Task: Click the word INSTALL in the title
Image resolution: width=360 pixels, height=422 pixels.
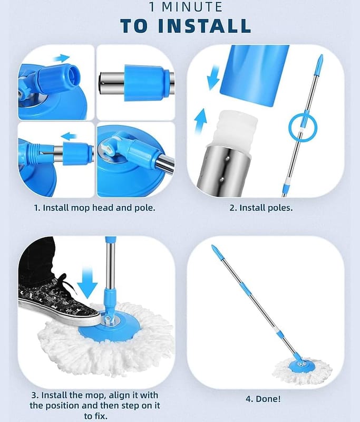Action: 205,26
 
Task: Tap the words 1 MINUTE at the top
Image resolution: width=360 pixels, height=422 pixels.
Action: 186,7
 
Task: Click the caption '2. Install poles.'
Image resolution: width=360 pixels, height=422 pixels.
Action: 261,208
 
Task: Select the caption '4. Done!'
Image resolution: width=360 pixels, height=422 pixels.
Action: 263,399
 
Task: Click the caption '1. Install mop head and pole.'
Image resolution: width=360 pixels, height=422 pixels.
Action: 95,208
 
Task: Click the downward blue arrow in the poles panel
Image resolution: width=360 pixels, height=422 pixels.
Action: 213,78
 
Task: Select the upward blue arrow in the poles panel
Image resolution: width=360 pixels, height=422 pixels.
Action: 201,121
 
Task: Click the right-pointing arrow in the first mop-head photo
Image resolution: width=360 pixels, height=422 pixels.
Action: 62,58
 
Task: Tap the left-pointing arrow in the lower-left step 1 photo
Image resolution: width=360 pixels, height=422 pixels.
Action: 69,136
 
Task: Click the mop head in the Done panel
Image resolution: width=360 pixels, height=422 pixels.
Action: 302,370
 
